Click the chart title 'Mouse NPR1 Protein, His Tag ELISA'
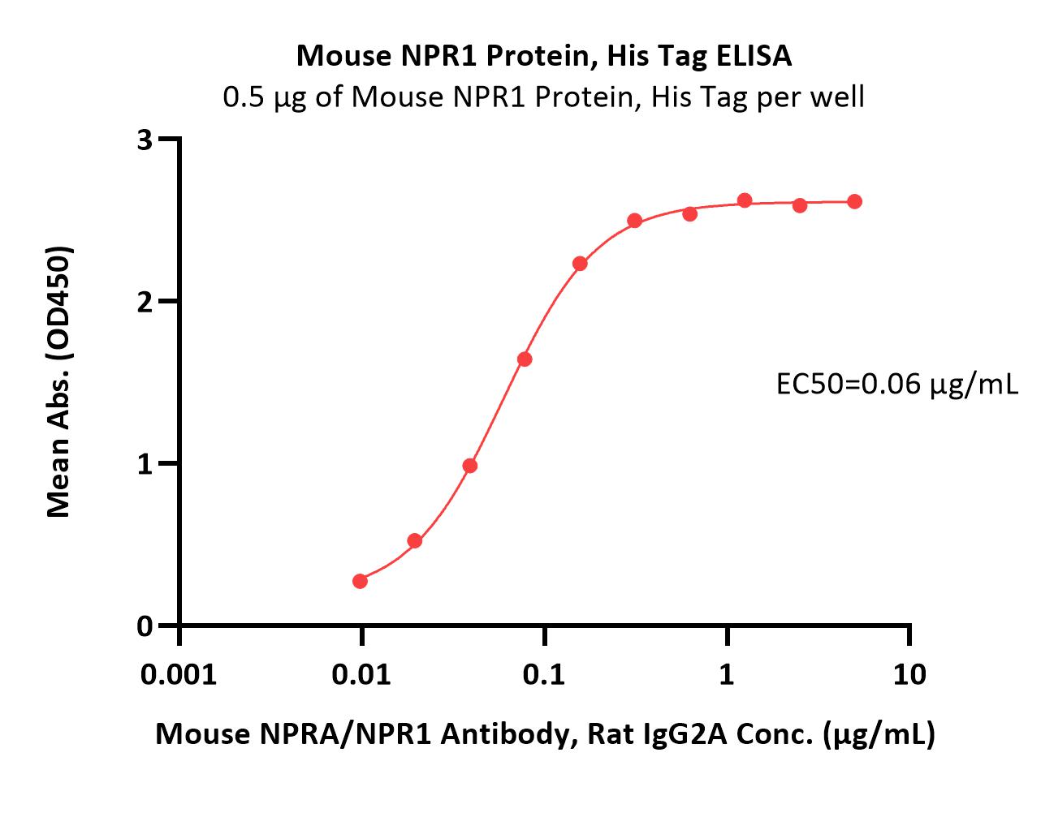(544, 56)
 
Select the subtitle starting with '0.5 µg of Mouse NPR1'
(543, 97)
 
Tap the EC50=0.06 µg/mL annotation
(896, 385)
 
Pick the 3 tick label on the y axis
(145, 140)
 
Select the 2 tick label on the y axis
(145, 303)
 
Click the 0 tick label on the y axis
(145, 626)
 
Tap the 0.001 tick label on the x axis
(179, 675)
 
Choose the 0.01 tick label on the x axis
(361, 675)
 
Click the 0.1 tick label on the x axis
(544, 675)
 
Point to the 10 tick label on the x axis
(909, 675)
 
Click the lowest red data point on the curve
(360, 581)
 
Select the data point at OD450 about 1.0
(469, 466)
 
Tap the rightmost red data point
(855, 202)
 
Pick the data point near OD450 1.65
(525, 359)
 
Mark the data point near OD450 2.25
(580, 264)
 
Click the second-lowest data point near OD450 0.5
(415, 541)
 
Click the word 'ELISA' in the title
(754, 56)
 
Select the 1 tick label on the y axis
(145, 464)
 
